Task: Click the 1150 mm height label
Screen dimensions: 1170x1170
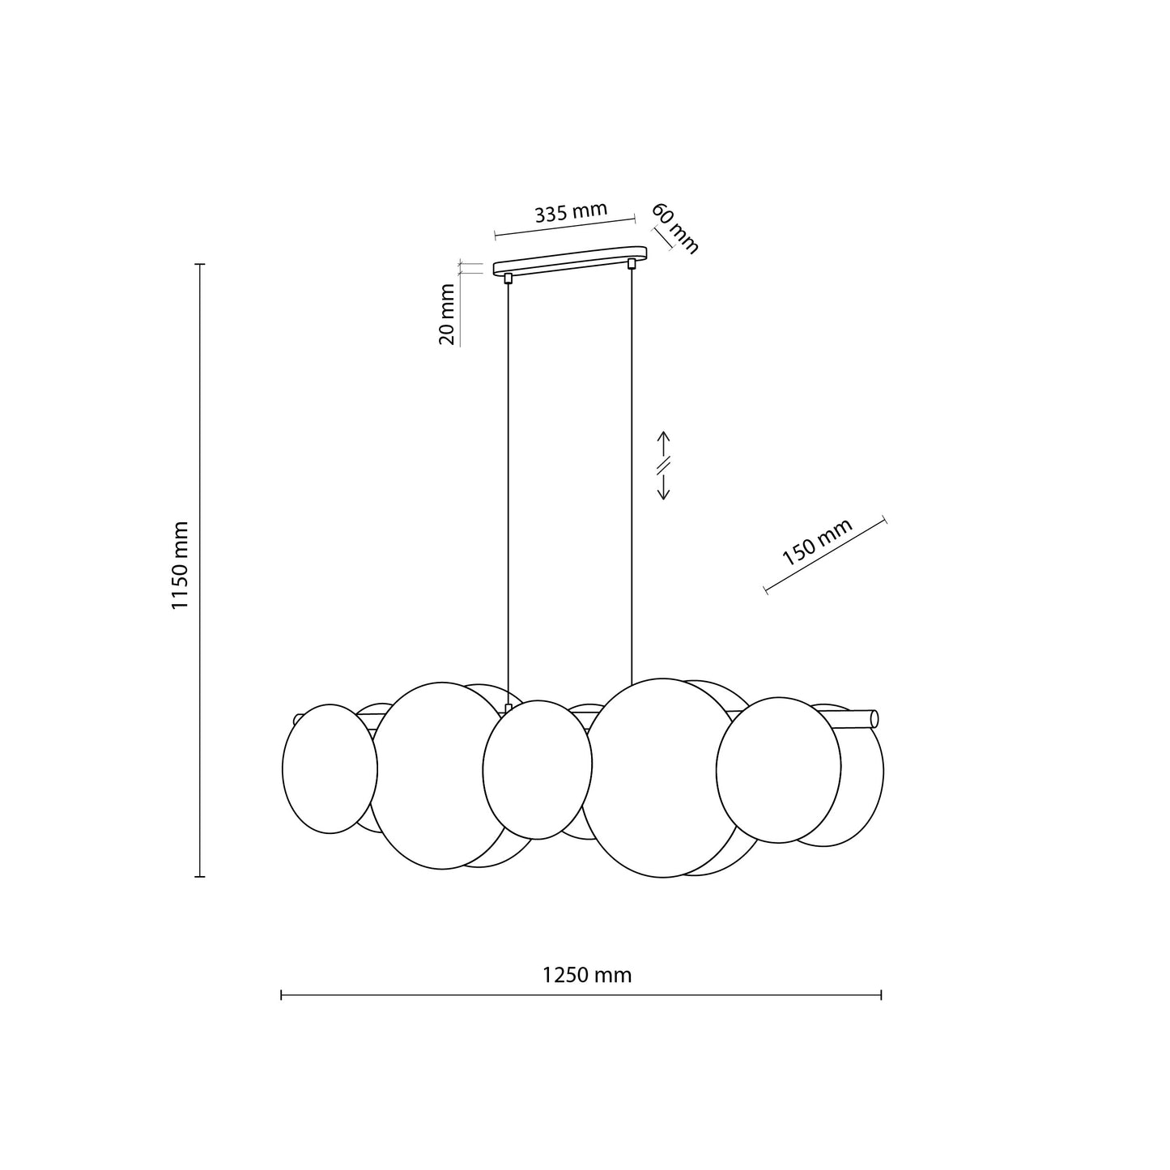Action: tap(180, 565)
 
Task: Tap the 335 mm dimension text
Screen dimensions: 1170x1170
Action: tap(571, 212)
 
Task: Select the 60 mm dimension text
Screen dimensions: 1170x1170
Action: tap(675, 228)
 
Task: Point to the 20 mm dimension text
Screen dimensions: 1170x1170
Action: tap(446, 314)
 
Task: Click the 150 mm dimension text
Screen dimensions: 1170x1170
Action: tap(817, 542)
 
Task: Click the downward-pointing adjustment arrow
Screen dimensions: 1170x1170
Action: tap(664, 487)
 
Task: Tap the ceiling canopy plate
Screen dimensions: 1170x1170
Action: tap(569, 261)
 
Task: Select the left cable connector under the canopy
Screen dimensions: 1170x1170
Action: tap(508, 279)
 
